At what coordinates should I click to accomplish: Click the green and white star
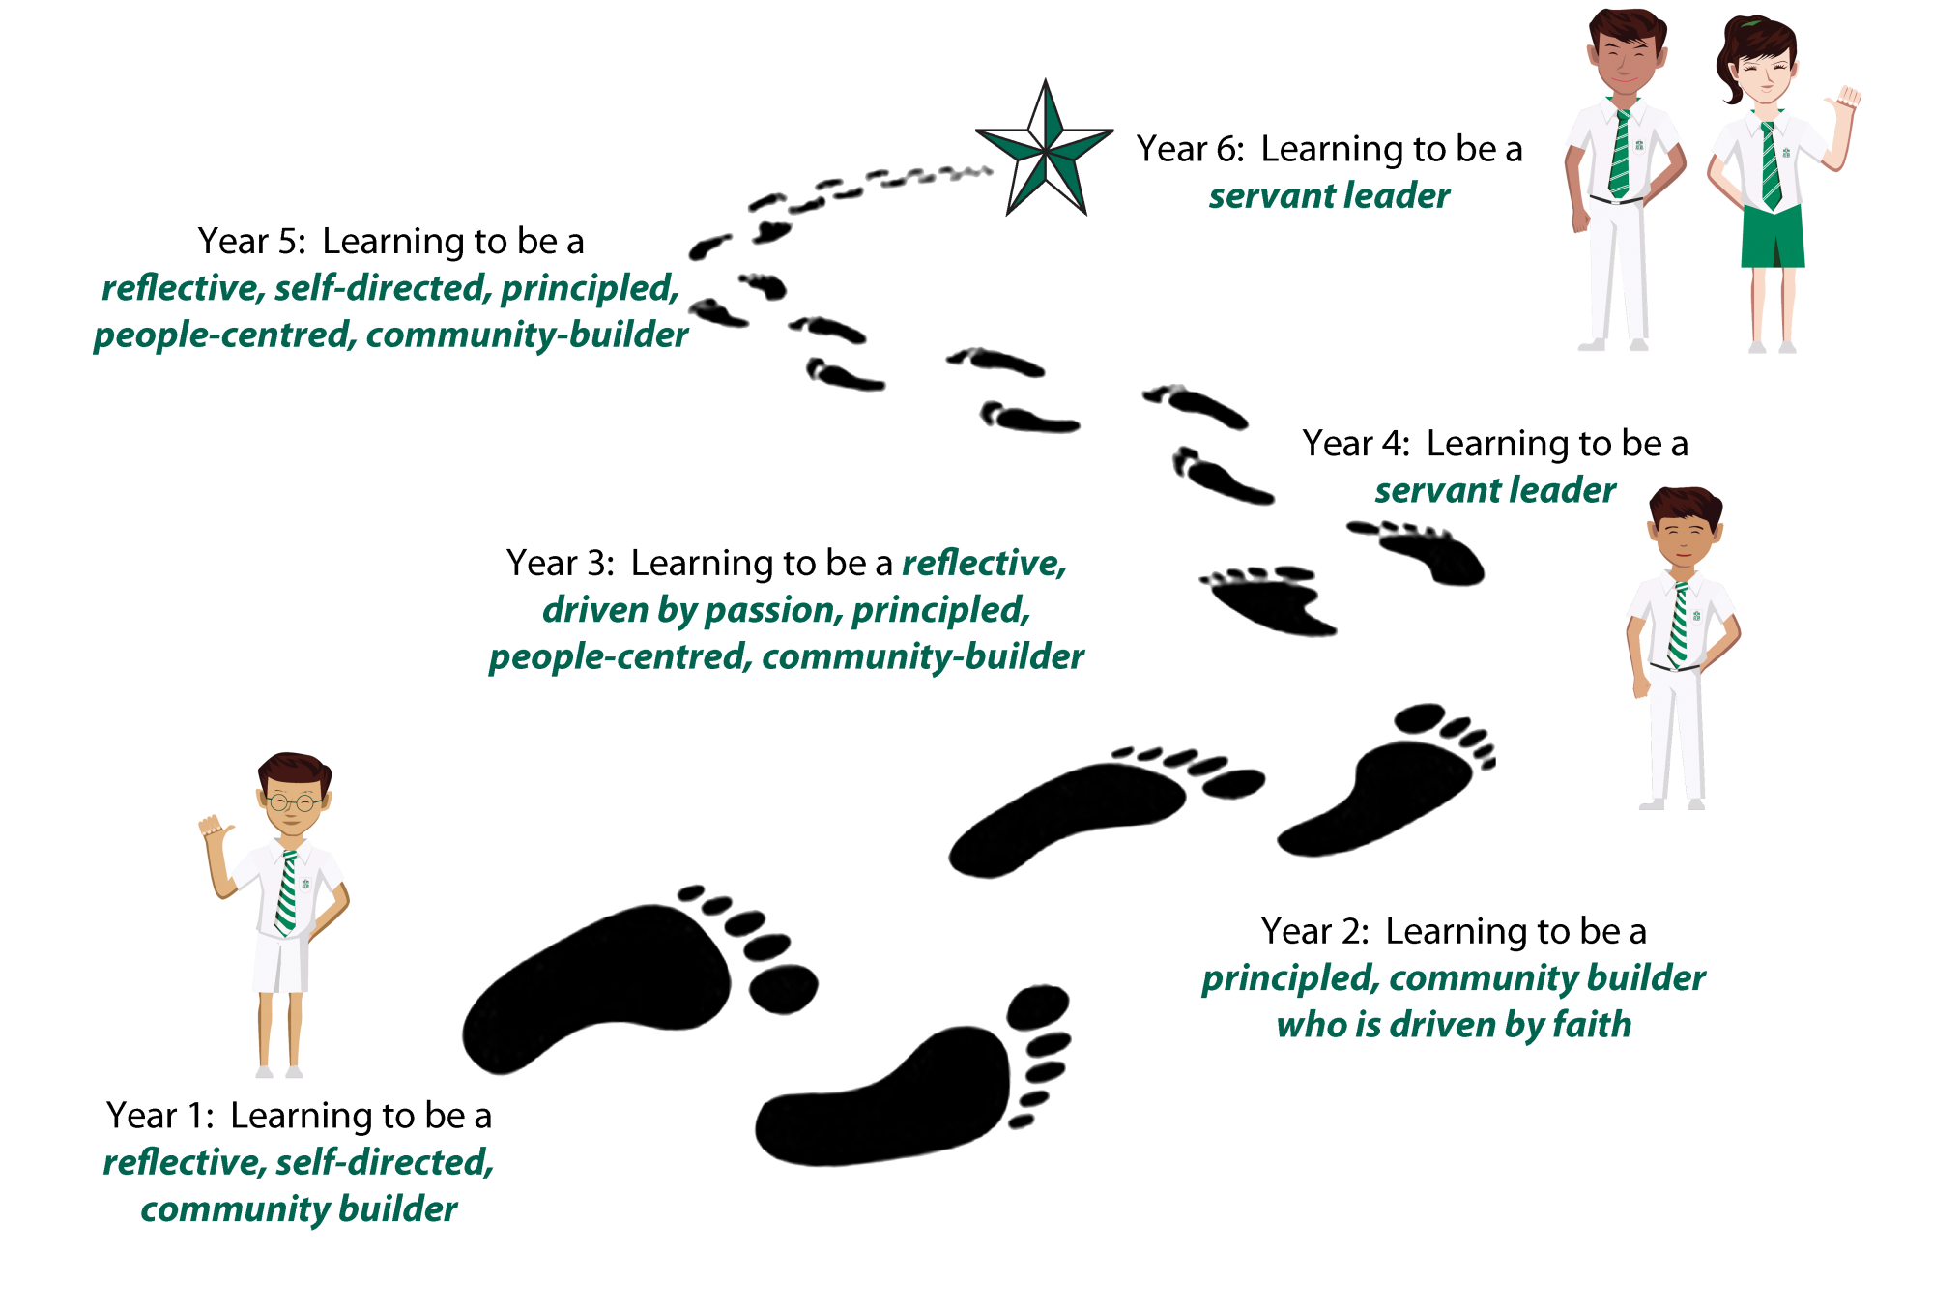click(1045, 150)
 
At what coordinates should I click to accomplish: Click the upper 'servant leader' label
click(1329, 196)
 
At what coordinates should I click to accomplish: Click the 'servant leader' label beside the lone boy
click(1495, 490)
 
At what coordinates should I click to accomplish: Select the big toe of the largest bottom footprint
click(1038, 1006)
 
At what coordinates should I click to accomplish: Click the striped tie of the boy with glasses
click(287, 893)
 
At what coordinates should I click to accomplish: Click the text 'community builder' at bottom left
click(299, 1209)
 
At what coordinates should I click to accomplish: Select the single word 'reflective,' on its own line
click(983, 564)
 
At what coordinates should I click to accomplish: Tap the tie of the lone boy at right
click(1679, 626)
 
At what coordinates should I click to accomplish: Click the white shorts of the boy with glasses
click(281, 963)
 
